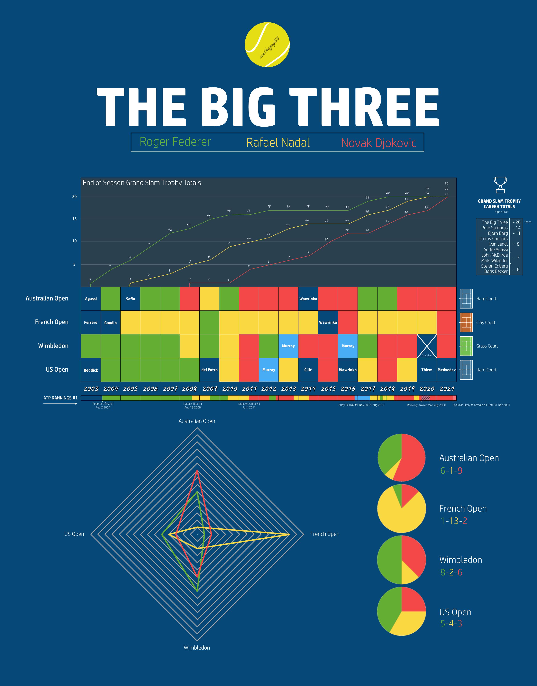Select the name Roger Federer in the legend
click(175, 142)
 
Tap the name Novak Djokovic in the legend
click(378, 143)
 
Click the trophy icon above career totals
click(500, 185)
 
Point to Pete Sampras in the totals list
click(494, 228)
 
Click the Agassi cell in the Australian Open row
click(91, 299)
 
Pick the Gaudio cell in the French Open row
click(110, 322)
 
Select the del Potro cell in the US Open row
click(209, 370)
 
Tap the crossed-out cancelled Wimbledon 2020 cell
click(427, 346)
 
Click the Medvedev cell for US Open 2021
click(446, 370)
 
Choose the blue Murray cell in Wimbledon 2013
click(288, 346)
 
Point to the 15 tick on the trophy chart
click(75, 219)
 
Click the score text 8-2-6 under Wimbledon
click(451, 572)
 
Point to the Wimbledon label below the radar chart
click(197, 648)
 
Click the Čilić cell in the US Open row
click(308, 370)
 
